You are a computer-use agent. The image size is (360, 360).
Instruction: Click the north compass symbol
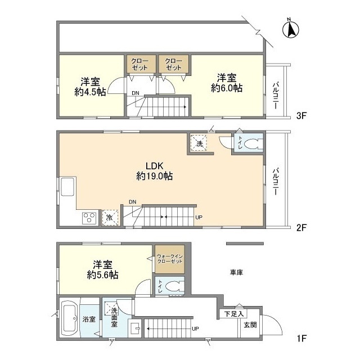(290, 29)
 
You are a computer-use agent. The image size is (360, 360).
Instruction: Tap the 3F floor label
(301, 115)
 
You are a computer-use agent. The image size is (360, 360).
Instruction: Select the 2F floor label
(301, 227)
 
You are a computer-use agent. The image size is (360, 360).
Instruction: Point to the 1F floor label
(301, 339)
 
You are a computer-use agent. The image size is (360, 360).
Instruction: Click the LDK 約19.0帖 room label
(154, 171)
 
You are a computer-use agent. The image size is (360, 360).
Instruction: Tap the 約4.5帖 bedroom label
(90, 87)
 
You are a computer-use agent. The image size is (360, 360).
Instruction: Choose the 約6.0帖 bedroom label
(227, 83)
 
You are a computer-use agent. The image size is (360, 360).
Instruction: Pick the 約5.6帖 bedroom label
(102, 270)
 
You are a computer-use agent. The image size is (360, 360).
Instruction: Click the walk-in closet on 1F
(170, 259)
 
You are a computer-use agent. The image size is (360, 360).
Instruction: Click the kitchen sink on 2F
(67, 187)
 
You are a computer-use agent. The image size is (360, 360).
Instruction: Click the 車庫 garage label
(236, 272)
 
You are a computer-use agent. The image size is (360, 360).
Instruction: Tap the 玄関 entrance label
(250, 325)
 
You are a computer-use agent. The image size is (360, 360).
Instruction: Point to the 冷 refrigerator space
(110, 218)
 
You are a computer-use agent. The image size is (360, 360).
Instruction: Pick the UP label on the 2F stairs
(199, 217)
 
